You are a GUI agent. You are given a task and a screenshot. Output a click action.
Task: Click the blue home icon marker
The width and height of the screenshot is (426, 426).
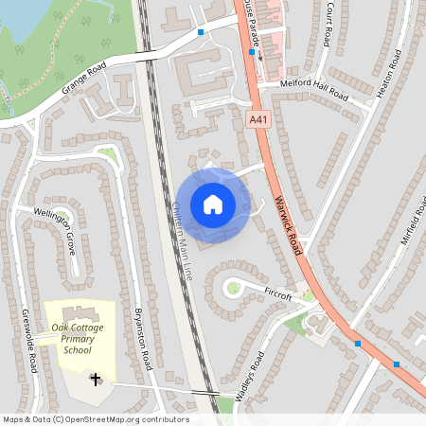tap(213, 204)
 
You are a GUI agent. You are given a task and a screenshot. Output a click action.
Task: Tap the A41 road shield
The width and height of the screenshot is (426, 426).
tap(259, 119)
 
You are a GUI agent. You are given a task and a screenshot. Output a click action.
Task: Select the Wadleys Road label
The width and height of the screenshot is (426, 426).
tap(244, 371)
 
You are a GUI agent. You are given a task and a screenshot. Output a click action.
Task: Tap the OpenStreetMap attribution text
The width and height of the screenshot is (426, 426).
tap(95, 419)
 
